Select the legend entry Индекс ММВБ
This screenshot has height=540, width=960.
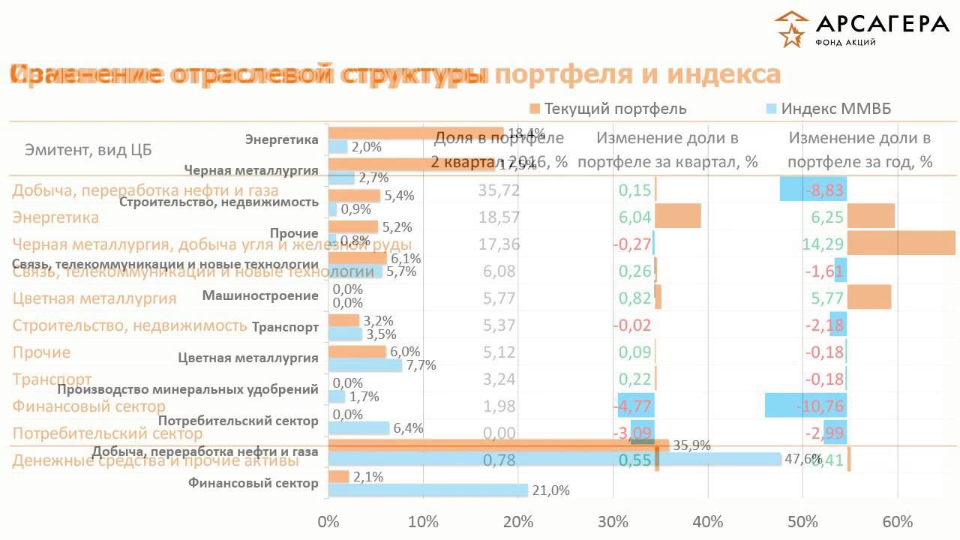tap(835, 109)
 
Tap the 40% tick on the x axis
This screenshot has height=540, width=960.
tap(708, 521)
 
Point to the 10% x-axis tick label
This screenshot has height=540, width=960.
tap(423, 521)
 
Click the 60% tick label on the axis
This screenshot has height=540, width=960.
tap(898, 521)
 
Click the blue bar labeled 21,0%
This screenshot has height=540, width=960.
tap(427, 490)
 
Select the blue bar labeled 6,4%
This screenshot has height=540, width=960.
tap(358, 428)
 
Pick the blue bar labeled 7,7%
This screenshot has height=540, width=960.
tap(364, 365)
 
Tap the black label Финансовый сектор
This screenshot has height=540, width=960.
tap(253, 483)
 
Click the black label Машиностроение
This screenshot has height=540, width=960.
tap(260, 295)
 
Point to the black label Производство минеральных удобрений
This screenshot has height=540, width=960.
tap(187, 389)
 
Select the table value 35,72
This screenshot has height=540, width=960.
tap(499, 190)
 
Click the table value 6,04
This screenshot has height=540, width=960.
tap(634, 217)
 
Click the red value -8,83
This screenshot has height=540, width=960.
tap(825, 190)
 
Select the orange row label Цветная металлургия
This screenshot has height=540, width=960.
tap(94, 298)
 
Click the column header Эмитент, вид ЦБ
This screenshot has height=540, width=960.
tap(88, 150)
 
